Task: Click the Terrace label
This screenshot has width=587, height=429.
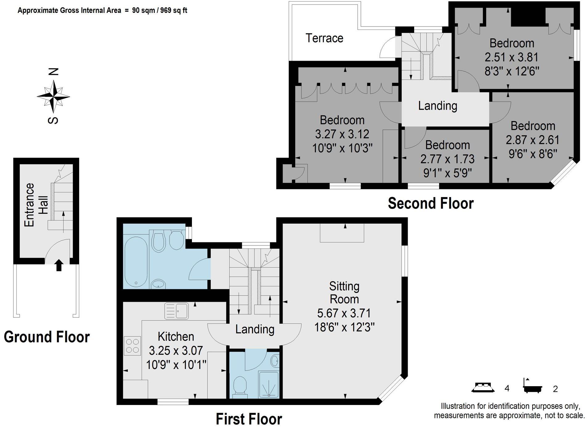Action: (x=324, y=38)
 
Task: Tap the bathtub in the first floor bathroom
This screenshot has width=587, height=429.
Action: (x=136, y=262)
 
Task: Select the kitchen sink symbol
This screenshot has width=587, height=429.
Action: (x=177, y=311)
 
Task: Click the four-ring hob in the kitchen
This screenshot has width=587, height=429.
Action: (x=132, y=346)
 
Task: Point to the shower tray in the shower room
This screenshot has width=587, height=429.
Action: (x=269, y=385)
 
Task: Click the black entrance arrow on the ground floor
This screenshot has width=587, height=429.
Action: (x=59, y=265)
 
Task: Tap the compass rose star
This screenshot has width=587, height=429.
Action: (x=53, y=97)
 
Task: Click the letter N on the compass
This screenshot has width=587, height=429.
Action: (x=54, y=72)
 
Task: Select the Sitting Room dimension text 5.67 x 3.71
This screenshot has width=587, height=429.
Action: (x=344, y=313)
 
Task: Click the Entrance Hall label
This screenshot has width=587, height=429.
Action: (x=36, y=205)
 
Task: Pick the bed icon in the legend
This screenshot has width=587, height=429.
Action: (x=483, y=387)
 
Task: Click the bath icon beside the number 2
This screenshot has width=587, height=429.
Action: (x=532, y=386)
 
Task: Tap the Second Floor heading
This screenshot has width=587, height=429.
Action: (x=430, y=204)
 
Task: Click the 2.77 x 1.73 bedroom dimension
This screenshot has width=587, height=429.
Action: (x=447, y=159)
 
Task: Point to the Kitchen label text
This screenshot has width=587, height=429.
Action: (x=176, y=337)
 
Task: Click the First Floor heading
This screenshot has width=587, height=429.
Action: (x=249, y=419)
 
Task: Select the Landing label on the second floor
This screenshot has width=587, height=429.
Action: (x=438, y=106)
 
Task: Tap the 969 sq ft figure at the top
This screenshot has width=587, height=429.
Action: (x=174, y=10)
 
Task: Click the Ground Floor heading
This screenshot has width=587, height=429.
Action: (x=47, y=337)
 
